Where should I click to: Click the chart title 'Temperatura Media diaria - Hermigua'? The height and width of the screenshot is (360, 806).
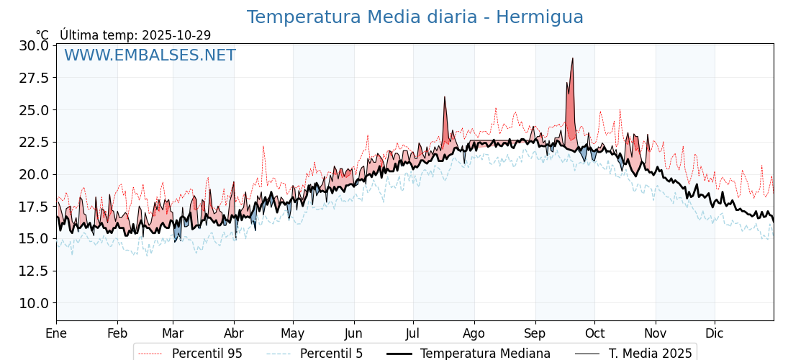[x=415, y=17]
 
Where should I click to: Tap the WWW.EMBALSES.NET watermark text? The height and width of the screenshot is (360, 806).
[x=150, y=55]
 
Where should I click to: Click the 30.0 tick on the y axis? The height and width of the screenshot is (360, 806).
[x=34, y=45]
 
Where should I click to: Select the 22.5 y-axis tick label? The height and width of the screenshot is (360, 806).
[x=34, y=142]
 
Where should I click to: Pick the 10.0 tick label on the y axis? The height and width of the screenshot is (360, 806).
[x=34, y=303]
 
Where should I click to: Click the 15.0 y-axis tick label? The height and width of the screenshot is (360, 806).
[x=34, y=238]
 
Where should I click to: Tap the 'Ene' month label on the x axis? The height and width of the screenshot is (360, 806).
[x=56, y=333]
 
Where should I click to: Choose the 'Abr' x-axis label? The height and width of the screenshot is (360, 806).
[x=234, y=333]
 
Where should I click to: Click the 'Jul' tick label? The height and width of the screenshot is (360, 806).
[x=413, y=333]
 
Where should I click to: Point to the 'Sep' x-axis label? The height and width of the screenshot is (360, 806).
[x=535, y=333]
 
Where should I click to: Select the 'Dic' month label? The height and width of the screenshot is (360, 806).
[x=715, y=333]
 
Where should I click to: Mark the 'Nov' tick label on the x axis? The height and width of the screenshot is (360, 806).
[x=656, y=333]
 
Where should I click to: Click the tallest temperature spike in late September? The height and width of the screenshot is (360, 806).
[x=572, y=58]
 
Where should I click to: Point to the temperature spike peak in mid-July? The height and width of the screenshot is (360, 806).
[x=445, y=97]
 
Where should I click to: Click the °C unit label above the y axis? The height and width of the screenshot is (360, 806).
[x=42, y=35]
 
